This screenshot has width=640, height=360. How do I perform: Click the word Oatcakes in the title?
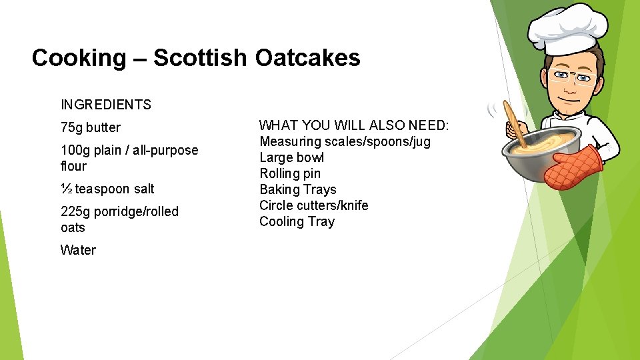[307, 58]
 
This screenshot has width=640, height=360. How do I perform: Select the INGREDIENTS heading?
[106, 105]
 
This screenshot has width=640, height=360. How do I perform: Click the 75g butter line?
[91, 127]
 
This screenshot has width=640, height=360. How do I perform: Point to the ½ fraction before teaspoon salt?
[66, 189]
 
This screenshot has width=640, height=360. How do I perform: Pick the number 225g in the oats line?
[76, 211]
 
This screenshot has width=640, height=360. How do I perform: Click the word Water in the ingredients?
[78, 250]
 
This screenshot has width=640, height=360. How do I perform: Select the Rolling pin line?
[290, 173]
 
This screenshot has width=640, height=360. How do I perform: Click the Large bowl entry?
[291, 157]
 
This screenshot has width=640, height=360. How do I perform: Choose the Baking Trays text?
[298, 189]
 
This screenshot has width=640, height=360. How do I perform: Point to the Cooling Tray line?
[297, 221]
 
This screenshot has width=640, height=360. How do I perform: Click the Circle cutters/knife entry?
[313, 205]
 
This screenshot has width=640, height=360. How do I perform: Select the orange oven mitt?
[573, 167]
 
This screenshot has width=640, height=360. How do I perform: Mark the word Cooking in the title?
[78, 58]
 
